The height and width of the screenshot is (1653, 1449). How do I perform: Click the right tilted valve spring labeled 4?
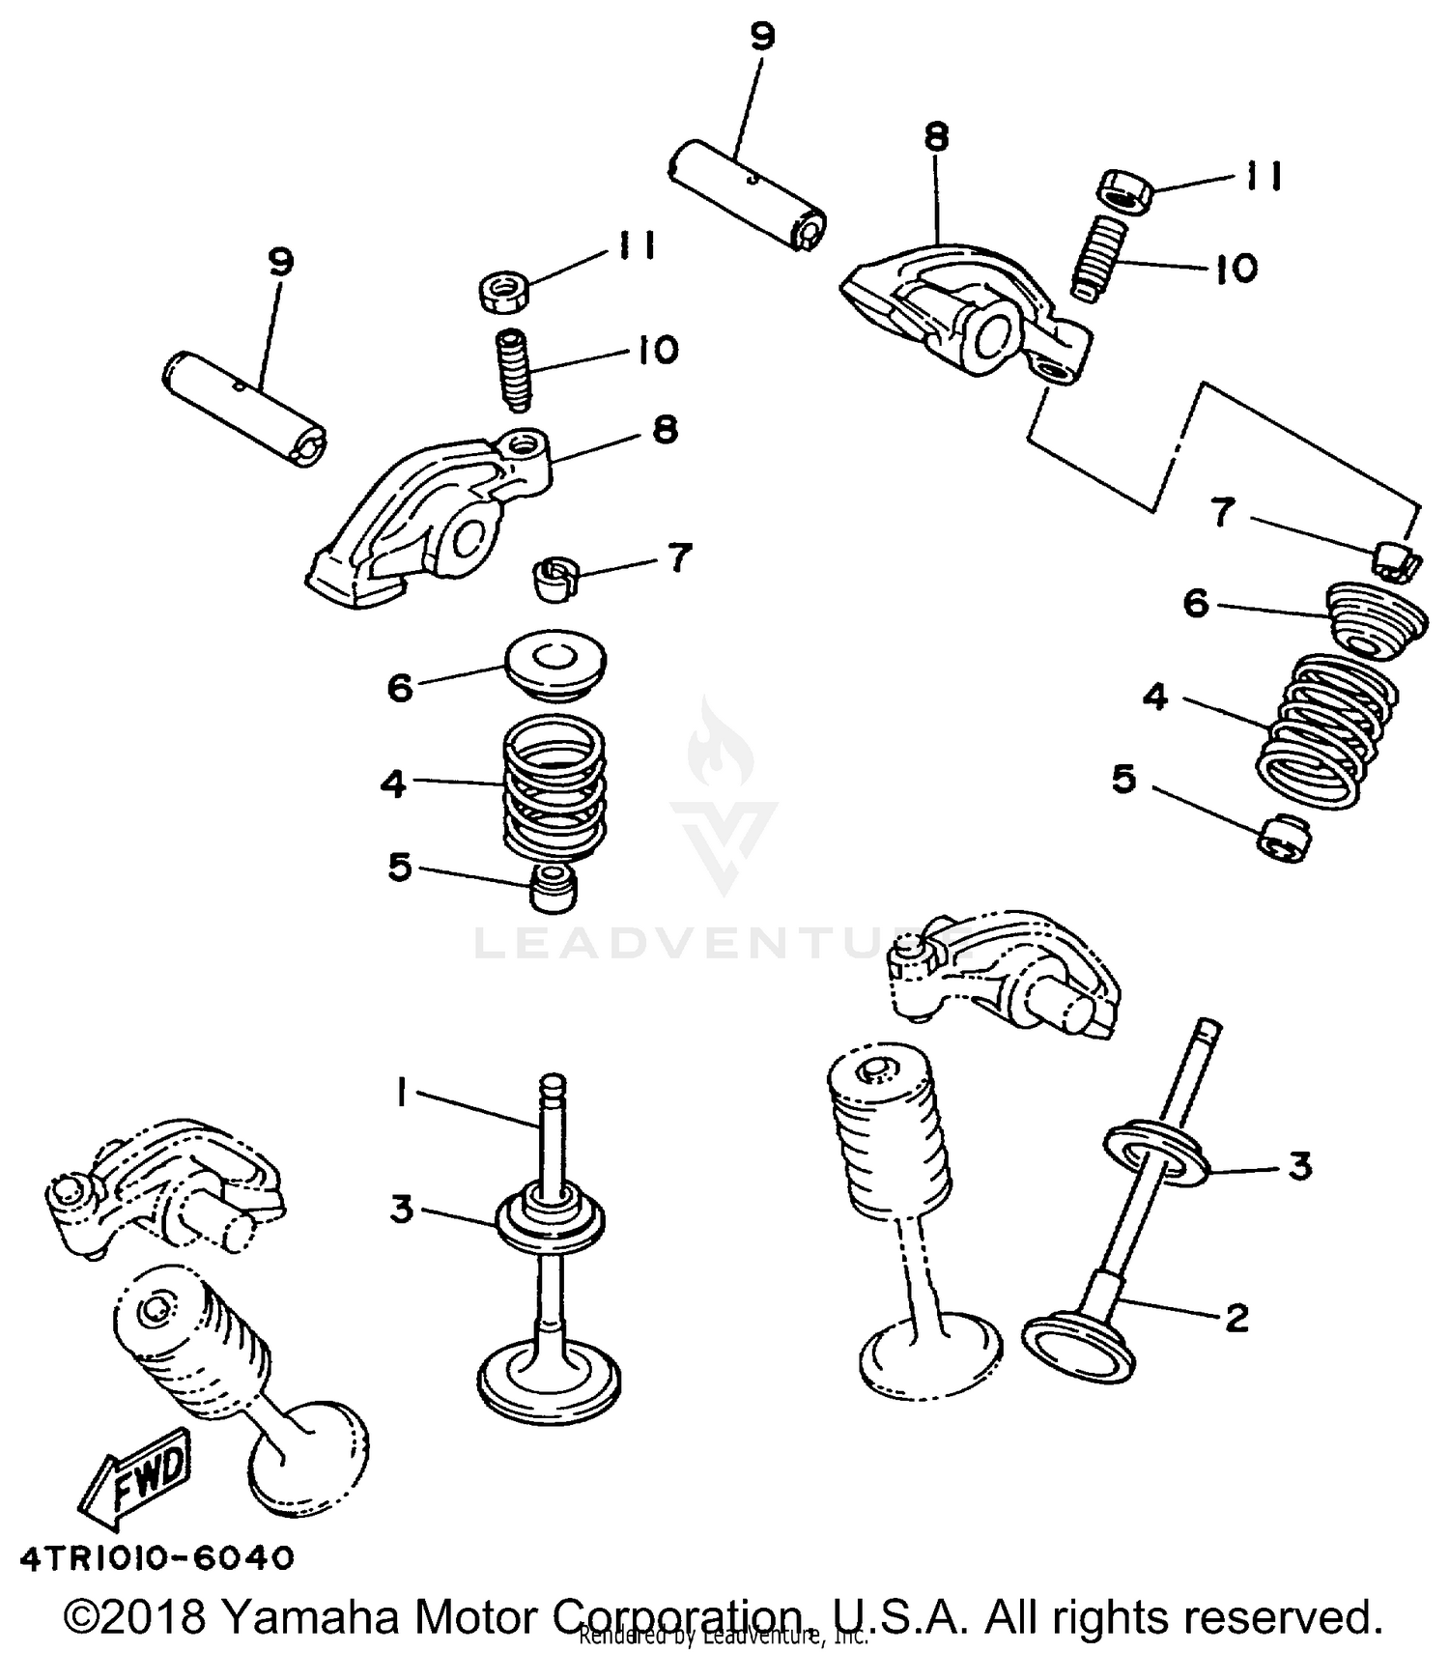tap(1327, 728)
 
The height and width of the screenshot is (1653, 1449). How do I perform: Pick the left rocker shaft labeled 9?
tap(243, 410)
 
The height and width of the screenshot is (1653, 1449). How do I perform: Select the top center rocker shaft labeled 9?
tap(749, 192)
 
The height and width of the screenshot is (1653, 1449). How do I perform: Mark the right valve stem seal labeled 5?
tap(1283, 836)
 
